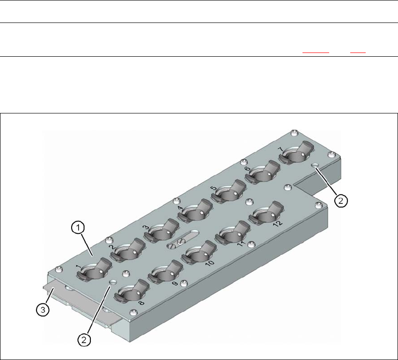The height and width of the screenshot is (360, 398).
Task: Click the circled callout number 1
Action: pyautogui.click(x=79, y=228)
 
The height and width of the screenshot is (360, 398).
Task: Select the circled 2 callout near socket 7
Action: pyautogui.click(x=341, y=200)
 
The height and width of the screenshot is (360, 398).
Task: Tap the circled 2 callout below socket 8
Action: pyautogui.click(x=85, y=339)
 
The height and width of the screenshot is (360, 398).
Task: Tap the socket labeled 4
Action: pyautogui.click(x=194, y=213)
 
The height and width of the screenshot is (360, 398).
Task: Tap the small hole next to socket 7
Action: pyautogui.click(x=315, y=166)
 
